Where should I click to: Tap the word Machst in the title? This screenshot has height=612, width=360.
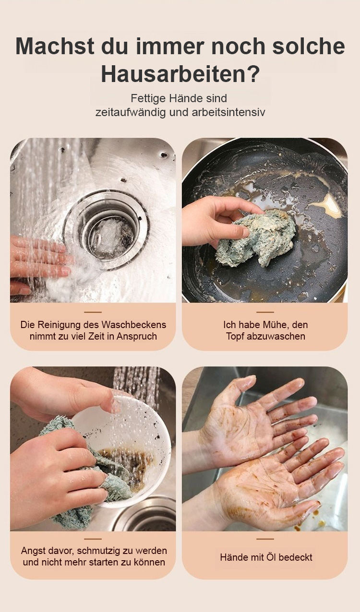point(55,46)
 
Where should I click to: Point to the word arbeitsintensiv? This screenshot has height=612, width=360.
point(228,112)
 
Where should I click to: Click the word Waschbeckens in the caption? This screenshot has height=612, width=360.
point(133,325)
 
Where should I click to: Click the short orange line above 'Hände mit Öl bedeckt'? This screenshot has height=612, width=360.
point(265,539)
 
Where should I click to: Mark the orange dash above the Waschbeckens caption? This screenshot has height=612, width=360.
point(93,312)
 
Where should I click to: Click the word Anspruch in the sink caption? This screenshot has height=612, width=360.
point(137,336)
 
